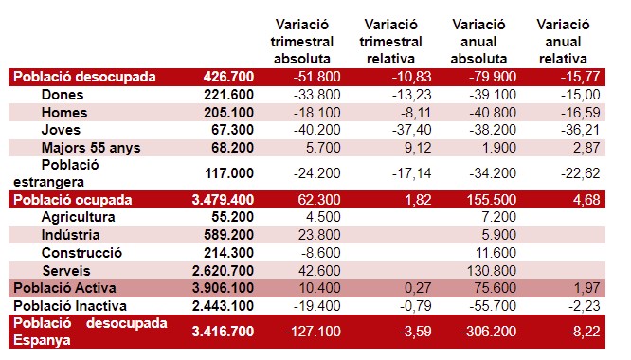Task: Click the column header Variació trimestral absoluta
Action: click(x=302, y=42)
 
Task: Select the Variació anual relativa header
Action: click(x=563, y=42)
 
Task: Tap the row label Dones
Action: click(x=63, y=95)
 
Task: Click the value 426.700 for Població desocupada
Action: click(x=228, y=77)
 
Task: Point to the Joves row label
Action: click(x=61, y=130)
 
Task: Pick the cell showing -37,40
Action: click(x=412, y=130)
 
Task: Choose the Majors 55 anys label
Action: click(x=91, y=148)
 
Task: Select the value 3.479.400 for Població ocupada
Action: click(x=223, y=200)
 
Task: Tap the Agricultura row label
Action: click(x=78, y=217)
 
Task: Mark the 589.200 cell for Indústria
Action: click(x=228, y=235)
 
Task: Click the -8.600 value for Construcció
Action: click(x=321, y=253)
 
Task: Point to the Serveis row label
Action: click(x=66, y=271)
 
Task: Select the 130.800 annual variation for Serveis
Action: click(x=492, y=271)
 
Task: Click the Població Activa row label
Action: click(x=64, y=288)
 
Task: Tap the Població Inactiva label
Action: click(x=70, y=306)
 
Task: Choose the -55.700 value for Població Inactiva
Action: click(x=493, y=306)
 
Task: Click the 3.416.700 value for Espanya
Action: click(x=223, y=332)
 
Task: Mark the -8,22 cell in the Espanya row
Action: click(x=584, y=332)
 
